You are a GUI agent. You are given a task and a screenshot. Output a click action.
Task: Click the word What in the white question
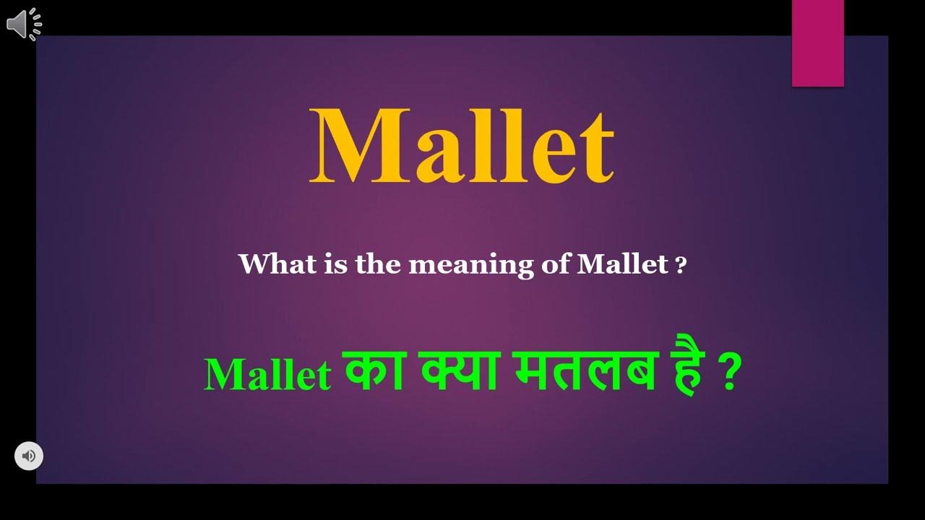[x=267, y=264]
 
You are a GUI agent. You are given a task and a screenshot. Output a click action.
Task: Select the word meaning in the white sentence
[x=470, y=265]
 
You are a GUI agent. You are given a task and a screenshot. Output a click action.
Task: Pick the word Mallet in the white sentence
[x=622, y=264]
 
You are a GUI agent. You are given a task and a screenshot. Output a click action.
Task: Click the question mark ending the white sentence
[x=680, y=265]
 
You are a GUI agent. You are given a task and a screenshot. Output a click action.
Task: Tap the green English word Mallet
[x=267, y=375]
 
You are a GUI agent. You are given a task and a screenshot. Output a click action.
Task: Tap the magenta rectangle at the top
[x=817, y=43]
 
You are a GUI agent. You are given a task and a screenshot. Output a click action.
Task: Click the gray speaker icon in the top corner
[x=24, y=25]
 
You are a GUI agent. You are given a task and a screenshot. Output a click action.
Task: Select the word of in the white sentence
[x=556, y=264]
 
